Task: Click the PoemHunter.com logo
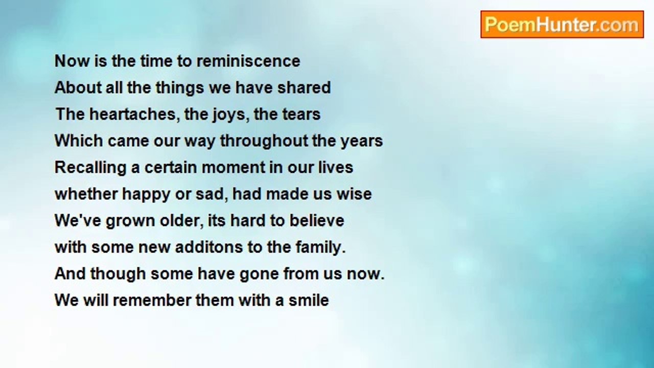[562, 24]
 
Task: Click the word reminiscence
[248, 61]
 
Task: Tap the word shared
[304, 87]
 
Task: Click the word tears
[301, 114]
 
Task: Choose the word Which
[79, 141]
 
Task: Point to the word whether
[86, 194]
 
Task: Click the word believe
[317, 220]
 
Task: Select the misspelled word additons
[209, 247]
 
